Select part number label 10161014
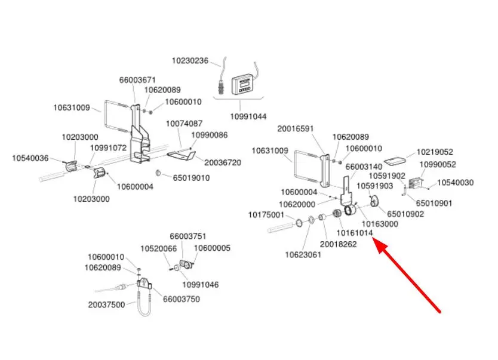pyautogui.click(x=355, y=232)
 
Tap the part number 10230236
pyautogui.click(x=190, y=60)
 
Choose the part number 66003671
pyautogui.click(x=137, y=79)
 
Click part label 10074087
pyautogui.click(x=184, y=123)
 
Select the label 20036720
pyautogui.click(x=223, y=162)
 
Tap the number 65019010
pyautogui.click(x=191, y=177)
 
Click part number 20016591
pyautogui.click(x=295, y=128)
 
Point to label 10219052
pyautogui.click(x=435, y=152)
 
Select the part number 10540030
pyautogui.click(x=455, y=183)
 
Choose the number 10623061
pyautogui.click(x=303, y=255)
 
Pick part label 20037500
pyautogui.click(x=106, y=304)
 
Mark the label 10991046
pyautogui.click(x=200, y=285)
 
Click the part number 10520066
pyautogui.click(x=158, y=248)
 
